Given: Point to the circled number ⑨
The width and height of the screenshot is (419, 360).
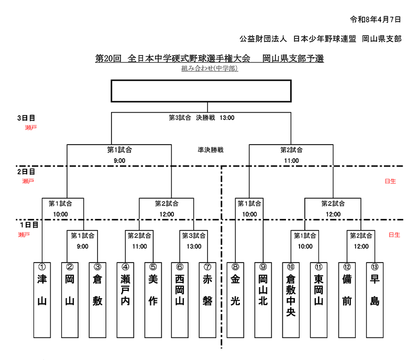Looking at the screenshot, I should [263, 266].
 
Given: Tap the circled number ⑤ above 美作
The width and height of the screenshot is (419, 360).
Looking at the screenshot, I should [153, 266].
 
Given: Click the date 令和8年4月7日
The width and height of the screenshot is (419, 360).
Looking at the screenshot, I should [376, 19].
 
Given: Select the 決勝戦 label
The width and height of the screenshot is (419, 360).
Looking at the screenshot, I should [205, 118].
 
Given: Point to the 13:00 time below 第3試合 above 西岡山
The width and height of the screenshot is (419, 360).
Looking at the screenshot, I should [194, 246].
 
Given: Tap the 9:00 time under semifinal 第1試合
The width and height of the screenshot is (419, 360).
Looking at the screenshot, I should [119, 161].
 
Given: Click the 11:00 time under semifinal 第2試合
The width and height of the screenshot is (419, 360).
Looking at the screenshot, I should [292, 161].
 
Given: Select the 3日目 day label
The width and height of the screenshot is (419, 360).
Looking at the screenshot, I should [26, 118].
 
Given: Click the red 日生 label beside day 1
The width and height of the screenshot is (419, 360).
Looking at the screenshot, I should [394, 235].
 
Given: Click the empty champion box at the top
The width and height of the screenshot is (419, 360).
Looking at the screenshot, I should [201, 91].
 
